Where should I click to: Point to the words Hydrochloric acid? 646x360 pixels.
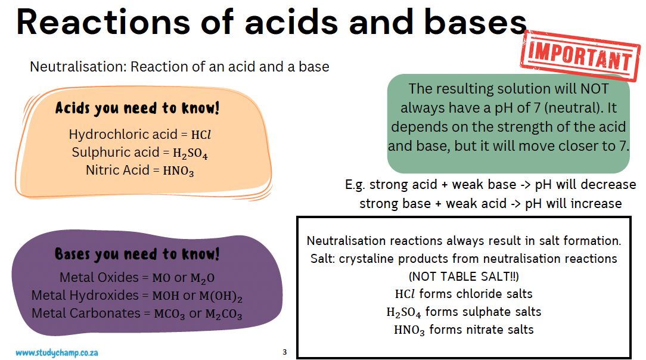click(114, 135)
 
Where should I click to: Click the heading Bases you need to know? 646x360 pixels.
click(137, 255)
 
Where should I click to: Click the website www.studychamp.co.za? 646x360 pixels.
click(57, 352)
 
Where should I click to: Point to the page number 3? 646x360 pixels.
click(284, 352)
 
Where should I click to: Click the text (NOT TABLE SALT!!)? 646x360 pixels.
click(464, 277)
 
